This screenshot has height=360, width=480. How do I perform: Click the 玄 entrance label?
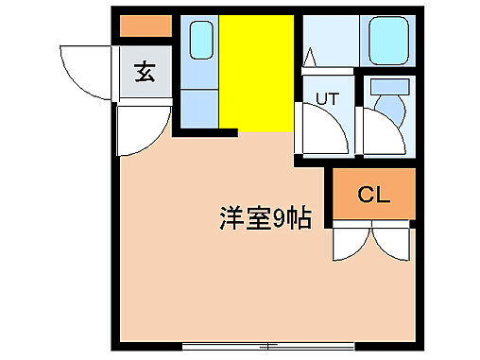(x=145, y=74)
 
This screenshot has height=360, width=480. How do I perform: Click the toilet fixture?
(x=387, y=110)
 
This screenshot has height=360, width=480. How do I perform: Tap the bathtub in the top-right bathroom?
(x=388, y=42)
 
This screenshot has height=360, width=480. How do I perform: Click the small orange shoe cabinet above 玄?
(x=145, y=26)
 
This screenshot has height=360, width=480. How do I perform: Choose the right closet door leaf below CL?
(x=395, y=241)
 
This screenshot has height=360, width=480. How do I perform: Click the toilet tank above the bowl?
(x=388, y=86)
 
